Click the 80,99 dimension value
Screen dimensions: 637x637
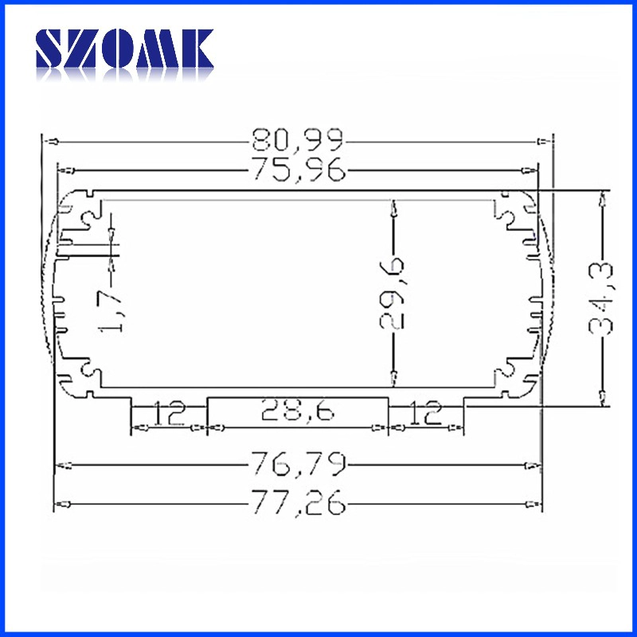[298, 141]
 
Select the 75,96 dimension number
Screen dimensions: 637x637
[299, 169]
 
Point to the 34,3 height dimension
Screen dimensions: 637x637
[601, 299]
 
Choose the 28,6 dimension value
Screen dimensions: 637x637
[298, 409]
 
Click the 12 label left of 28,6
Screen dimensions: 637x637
[170, 412]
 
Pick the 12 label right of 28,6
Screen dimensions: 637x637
[425, 412]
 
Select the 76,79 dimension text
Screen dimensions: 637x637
[299, 464]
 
